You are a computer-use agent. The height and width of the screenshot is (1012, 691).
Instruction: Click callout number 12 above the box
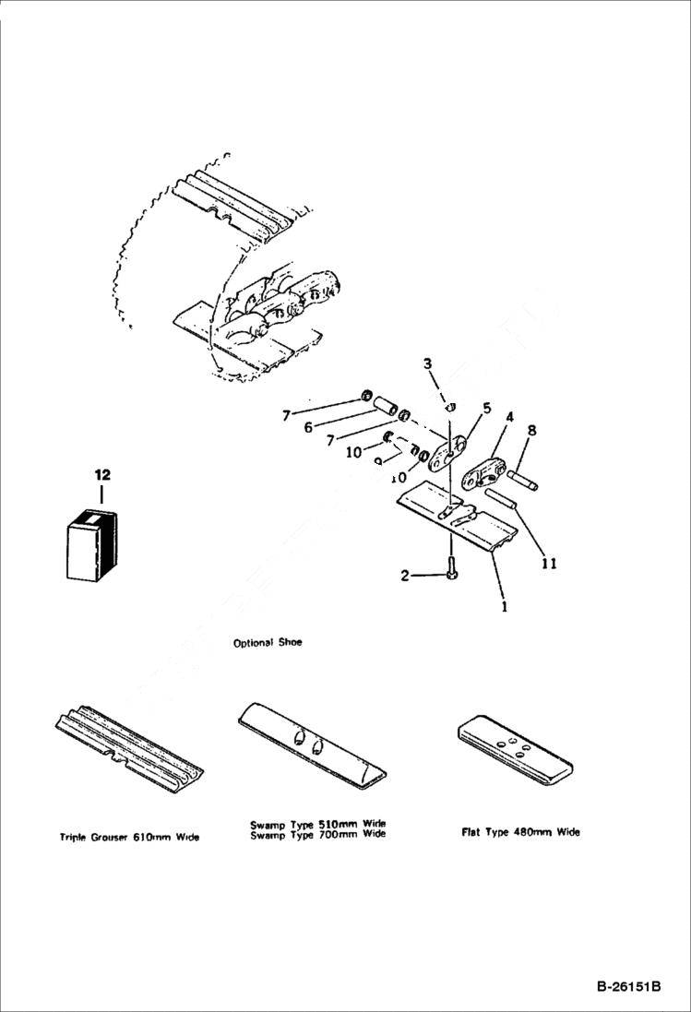tap(101, 474)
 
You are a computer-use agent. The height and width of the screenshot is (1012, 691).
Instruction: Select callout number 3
tap(427, 364)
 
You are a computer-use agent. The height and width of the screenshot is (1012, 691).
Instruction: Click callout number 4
tap(508, 417)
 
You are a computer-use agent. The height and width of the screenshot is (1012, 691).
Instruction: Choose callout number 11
tap(549, 561)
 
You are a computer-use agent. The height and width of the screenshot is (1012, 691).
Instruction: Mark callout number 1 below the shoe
tap(504, 609)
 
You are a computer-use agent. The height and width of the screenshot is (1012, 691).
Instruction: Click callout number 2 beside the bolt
tap(404, 577)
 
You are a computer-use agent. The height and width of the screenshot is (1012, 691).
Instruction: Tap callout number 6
tap(309, 426)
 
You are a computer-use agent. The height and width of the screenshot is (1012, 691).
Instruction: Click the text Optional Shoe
tap(268, 642)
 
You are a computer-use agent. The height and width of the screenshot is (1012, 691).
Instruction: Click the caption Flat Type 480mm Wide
tap(520, 832)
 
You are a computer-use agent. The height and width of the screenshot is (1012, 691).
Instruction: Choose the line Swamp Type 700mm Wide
tap(317, 834)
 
